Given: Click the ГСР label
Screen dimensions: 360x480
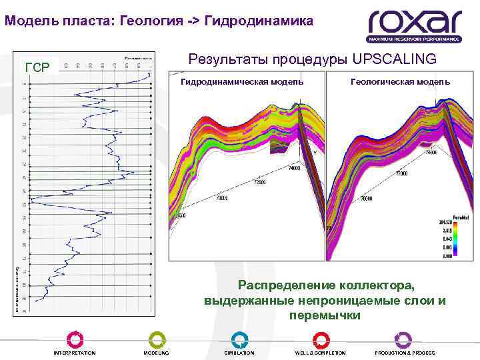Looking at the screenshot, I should pos(37,67).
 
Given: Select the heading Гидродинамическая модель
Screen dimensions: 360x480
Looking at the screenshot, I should pos(243,81).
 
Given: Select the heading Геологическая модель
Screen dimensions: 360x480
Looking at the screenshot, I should pos(400,81).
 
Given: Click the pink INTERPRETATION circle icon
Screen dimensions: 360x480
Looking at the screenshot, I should pos(75,339).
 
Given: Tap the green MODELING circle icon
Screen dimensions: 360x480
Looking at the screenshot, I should pos(157,339).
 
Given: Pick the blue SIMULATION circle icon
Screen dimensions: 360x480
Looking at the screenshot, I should pos(239,339).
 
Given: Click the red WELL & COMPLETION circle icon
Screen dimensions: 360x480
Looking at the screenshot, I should pos(321,339).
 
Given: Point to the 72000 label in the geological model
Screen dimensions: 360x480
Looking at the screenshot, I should pos(401,174).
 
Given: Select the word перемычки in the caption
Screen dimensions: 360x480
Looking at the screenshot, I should pos(325,315).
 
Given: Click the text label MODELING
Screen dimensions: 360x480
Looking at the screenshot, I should pos(157,353).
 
